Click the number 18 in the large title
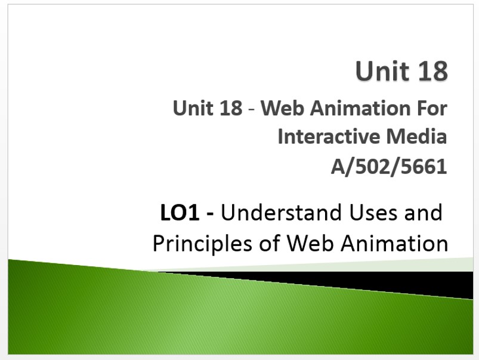432,70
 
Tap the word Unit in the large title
383,70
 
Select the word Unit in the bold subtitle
193,108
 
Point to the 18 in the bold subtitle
231,108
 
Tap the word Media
416,136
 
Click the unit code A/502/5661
389,167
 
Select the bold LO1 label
180,213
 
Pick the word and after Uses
423,212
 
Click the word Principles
202,244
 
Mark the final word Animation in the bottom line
394,243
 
